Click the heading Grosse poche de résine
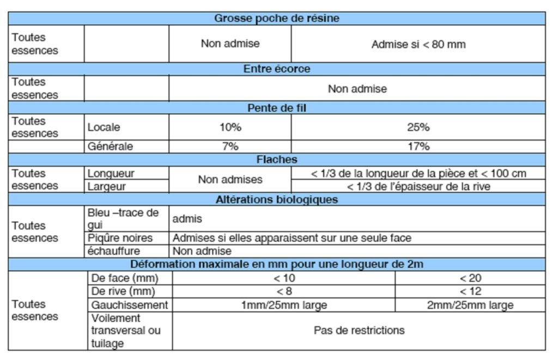tap(276, 19)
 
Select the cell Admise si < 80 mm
tap(418, 44)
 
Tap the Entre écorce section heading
tap(276, 69)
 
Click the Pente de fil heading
tap(276, 108)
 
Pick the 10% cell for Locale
tap(230, 127)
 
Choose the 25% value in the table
tap(418, 127)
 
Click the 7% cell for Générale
tap(230, 147)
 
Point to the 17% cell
tap(418, 147)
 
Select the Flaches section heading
tap(276, 160)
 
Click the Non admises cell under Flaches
tap(230, 179)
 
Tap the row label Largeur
tap(107, 186)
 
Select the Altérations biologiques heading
tap(276, 199)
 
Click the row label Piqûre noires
tap(120, 238)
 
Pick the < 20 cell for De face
tap(470, 278)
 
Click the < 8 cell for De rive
tap(283, 291)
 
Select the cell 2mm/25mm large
tap(470, 305)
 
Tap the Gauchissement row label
tap(130, 305)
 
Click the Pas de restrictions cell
tap(359, 331)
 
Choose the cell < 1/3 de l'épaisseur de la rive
tap(418, 186)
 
